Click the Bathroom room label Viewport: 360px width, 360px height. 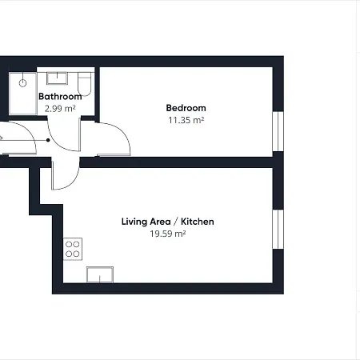(60, 96)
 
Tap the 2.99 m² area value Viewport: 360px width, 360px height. (60, 109)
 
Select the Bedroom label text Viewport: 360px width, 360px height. (186, 108)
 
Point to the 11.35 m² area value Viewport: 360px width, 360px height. (186, 120)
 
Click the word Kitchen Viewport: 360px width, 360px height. (198, 222)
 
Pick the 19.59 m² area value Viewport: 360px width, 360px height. (168, 234)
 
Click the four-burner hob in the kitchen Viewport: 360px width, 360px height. (73, 249)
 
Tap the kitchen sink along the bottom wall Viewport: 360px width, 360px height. (100, 274)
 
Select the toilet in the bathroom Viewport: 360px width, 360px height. (85, 84)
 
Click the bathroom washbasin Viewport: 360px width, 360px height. (57, 78)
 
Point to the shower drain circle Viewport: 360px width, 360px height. (22, 83)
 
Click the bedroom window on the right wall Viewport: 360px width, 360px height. (278, 131)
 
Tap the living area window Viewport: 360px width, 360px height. (278, 230)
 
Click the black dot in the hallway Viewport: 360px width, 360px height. (48, 140)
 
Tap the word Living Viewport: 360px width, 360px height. (134, 222)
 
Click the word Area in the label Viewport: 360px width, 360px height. (160, 222)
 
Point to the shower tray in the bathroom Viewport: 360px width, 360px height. (22, 94)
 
